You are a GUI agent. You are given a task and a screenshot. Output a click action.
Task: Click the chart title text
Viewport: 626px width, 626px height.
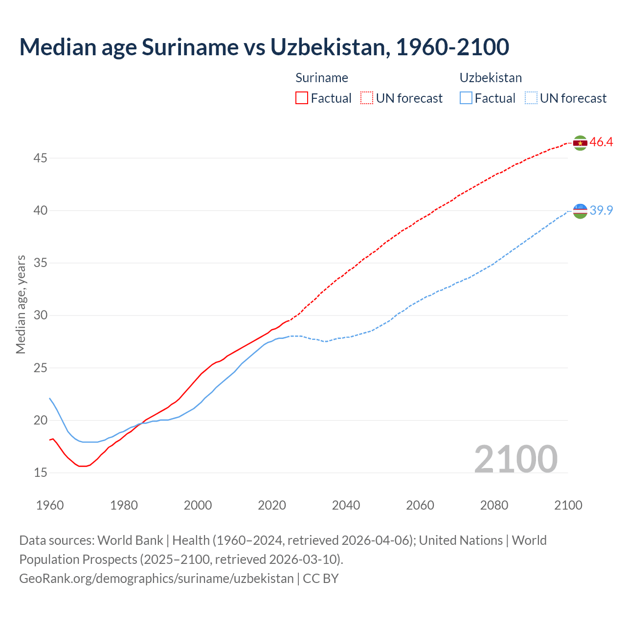(264, 47)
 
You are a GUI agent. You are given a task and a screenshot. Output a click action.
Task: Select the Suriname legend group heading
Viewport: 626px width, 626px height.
(322, 78)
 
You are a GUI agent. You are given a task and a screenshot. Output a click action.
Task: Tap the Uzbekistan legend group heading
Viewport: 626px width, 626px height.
(491, 78)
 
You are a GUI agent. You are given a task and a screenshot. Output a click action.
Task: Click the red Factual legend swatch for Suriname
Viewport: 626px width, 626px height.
(302, 98)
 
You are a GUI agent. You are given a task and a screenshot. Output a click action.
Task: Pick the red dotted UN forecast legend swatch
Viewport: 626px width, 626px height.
(367, 98)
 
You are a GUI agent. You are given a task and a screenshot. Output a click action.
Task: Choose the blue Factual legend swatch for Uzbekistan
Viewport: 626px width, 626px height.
(466, 98)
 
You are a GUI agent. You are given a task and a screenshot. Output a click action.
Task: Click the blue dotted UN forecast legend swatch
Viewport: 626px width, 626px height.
(531, 98)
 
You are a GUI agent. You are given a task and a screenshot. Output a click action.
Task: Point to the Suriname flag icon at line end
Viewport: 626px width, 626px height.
(580, 143)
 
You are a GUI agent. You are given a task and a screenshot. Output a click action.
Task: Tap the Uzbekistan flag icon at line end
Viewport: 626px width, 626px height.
(580, 211)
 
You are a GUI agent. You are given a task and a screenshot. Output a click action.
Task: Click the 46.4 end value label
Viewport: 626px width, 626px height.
(601, 142)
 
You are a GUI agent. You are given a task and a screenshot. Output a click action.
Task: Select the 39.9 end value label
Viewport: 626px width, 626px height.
(601, 210)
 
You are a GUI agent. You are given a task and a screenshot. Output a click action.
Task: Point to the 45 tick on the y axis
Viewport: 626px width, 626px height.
(41, 158)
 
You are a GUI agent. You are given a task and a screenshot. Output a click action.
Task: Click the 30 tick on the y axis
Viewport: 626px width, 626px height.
(41, 315)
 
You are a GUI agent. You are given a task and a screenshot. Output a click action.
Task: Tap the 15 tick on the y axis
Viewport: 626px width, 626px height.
(41, 472)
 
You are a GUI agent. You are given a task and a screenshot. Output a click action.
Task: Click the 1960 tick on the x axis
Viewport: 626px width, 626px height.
(50, 505)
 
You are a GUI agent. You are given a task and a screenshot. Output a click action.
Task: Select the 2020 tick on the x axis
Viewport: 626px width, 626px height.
(272, 505)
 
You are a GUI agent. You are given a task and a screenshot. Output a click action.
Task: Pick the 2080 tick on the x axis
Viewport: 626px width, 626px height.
(494, 505)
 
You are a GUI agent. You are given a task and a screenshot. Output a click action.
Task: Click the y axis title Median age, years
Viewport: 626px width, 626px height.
(21, 304)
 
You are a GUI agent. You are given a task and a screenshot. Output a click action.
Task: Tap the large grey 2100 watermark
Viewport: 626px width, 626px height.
(515, 459)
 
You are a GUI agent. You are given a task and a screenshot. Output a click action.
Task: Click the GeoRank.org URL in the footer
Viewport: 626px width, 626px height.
(156, 578)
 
